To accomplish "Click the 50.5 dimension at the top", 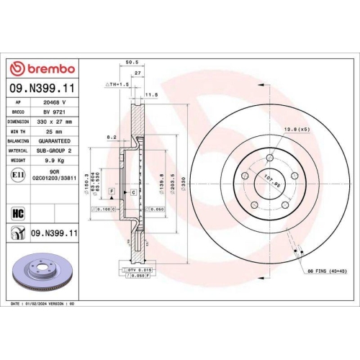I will [130, 63].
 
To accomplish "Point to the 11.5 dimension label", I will [152, 94].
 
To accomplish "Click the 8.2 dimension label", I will [110, 136].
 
